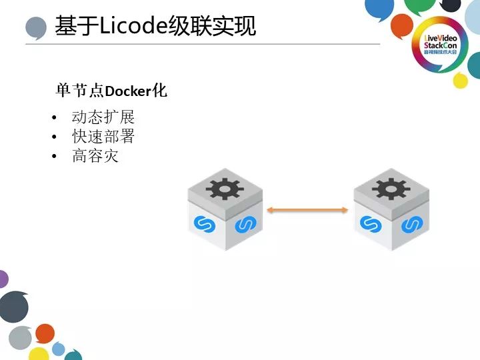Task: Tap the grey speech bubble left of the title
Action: (x=35, y=29)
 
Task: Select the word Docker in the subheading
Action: (x=129, y=91)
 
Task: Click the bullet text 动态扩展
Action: (x=103, y=117)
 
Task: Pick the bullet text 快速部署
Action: (x=103, y=137)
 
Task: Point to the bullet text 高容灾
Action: (x=95, y=157)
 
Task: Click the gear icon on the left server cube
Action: (x=225, y=189)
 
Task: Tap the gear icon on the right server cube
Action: (x=391, y=189)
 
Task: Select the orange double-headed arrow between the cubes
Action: (x=307, y=210)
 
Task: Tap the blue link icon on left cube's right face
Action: (x=244, y=224)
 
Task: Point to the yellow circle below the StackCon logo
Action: (x=461, y=81)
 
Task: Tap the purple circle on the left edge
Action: (x=3, y=279)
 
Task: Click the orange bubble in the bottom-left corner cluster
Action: (x=45, y=333)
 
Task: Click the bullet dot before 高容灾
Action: (x=54, y=158)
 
